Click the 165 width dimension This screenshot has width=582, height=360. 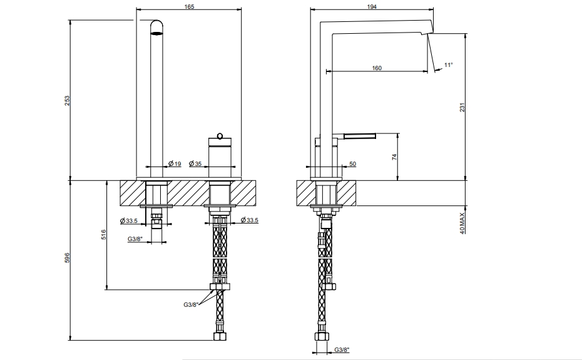[x=189, y=6]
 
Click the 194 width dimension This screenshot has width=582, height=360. [x=372, y=6]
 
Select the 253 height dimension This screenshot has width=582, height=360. [x=67, y=101]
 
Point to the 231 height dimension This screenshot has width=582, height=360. [x=462, y=108]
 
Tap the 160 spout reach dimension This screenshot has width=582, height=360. [x=377, y=68]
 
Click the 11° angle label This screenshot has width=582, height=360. [x=448, y=65]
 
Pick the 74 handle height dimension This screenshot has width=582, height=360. [x=394, y=157]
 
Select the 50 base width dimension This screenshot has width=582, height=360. [x=352, y=164]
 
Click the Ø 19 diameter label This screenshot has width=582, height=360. [x=175, y=163]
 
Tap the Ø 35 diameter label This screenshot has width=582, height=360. [x=195, y=163]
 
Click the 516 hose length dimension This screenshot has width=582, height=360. [x=103, y=234]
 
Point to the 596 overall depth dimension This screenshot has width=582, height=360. [x=67, y=258]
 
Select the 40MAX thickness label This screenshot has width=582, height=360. [x=462, y=224]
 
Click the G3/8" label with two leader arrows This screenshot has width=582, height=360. [x=191, y=305]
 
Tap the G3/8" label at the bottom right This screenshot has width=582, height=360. [x=342, y=349]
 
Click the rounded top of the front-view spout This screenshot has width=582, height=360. [x=156, y=26]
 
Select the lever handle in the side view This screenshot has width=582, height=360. [x=360, y=136]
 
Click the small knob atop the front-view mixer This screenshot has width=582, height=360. [x=220, y=136]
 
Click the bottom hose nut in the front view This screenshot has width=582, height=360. [x=220, y=336]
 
